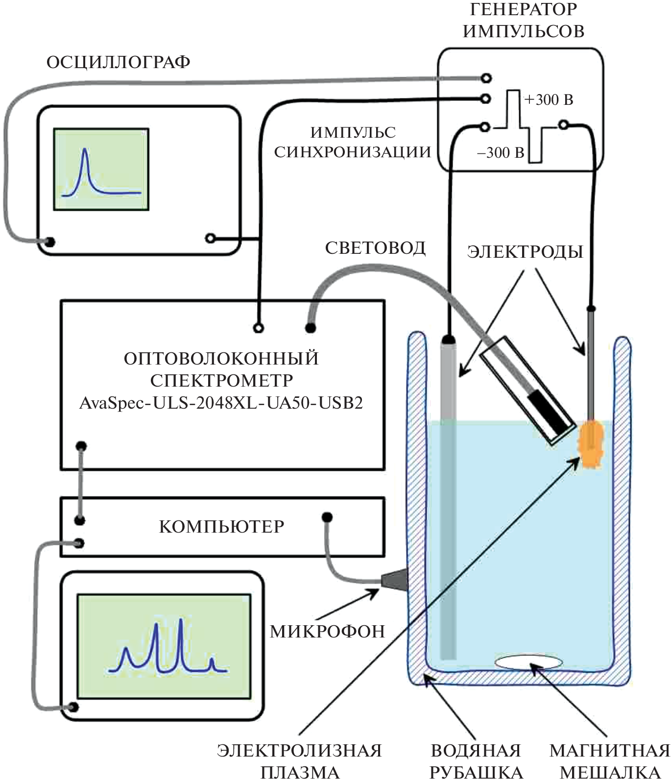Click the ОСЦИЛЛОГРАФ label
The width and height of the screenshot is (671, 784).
coord(118,63)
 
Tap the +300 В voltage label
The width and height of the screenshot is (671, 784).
coord(549,100)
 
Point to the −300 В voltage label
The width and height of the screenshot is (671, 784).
coord(501,153)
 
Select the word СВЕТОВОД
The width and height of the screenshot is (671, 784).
coord(375,248)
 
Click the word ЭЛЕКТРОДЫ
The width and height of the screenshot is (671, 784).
coord(525,252)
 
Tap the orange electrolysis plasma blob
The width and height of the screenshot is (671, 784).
coord(592,443)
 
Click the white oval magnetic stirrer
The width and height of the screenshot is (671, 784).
coord(528,662)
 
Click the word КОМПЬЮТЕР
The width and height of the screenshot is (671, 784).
coord(222,527)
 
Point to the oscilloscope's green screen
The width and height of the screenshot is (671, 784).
coord(101,170)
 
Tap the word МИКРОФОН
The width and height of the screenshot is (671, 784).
coord(328,632)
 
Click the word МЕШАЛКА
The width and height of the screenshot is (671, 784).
coord(610,773)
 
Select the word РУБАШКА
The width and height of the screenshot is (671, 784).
coord(476,773)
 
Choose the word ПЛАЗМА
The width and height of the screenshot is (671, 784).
coord(300,773)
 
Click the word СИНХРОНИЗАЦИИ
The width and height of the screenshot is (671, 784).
coord(352,152)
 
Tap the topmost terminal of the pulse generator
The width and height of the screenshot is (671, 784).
coord(486,77)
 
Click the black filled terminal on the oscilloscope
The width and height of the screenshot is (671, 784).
coord(49,242)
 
